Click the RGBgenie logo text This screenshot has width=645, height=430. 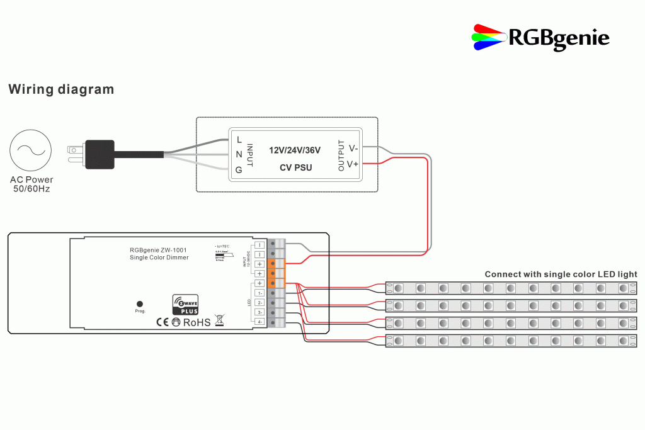tap(559, 38)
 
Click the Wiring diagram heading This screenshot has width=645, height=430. tap(61, 89)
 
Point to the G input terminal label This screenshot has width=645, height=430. tap(239, 170)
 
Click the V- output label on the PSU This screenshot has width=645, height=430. tap(353, 149)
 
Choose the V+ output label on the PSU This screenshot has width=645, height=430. tap(353, 164)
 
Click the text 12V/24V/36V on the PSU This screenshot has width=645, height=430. tap(295, 150)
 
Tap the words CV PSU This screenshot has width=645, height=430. tap(295, 168)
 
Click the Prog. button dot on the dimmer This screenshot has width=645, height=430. tap(140, 303)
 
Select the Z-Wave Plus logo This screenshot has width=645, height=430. tap(185, 304)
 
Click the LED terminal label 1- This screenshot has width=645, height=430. tap(259, 293)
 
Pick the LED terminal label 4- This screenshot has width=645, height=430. tap(259, 322)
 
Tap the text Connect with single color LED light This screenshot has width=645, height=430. tap(561, 274)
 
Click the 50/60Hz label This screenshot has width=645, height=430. tap(31, 189)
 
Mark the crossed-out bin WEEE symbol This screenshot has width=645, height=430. tap(219, 320)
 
